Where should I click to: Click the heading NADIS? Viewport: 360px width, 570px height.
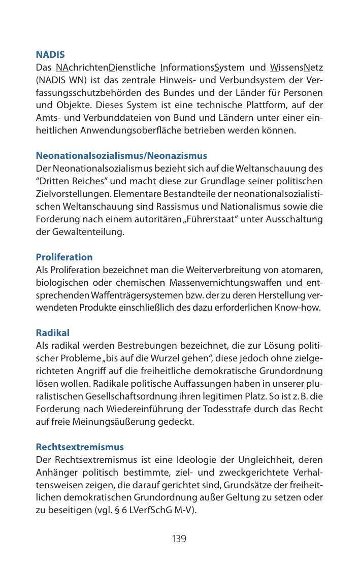(x=50, y=54)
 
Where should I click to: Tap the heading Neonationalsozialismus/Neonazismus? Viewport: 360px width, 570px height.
(x=121, y=155)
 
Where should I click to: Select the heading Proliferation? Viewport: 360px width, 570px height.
(x=64, y=257)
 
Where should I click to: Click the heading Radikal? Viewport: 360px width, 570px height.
(x=52, y=333)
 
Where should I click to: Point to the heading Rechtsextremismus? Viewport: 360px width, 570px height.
(x=80, y=448)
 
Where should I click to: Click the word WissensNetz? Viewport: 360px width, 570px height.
(x=297, y=68)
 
